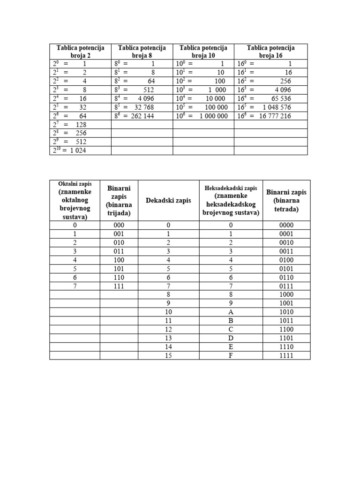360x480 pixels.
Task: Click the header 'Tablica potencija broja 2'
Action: [80, 52]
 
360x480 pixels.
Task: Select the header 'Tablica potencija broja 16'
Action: [270, 52]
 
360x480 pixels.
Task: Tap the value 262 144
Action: [142, 116]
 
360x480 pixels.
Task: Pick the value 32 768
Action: [144, 107]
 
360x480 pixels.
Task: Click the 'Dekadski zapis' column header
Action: [168, 201]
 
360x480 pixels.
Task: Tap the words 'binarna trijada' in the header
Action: [119, 209]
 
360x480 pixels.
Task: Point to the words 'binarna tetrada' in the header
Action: [286, 205]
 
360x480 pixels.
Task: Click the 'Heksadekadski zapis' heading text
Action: [231, 188]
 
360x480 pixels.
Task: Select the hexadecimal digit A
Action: [231, 312]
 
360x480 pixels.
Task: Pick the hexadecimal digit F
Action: [231, 355]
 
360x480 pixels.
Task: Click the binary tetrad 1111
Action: [286, 355]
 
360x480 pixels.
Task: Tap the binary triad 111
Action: [119, 286]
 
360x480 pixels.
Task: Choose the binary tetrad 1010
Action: [286, 312]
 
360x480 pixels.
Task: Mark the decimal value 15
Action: [168, 355]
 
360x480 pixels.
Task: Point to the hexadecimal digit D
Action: [231, 338]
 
